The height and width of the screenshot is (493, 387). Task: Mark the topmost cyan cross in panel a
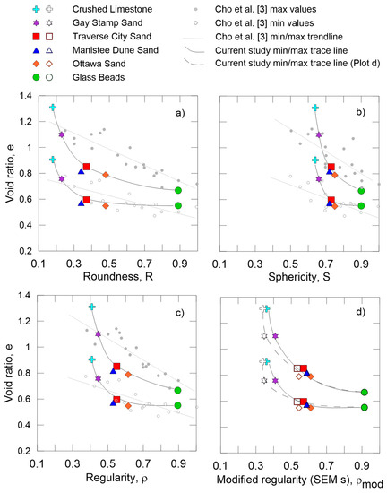(53, 108)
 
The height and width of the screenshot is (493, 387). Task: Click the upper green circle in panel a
(178, 190)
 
